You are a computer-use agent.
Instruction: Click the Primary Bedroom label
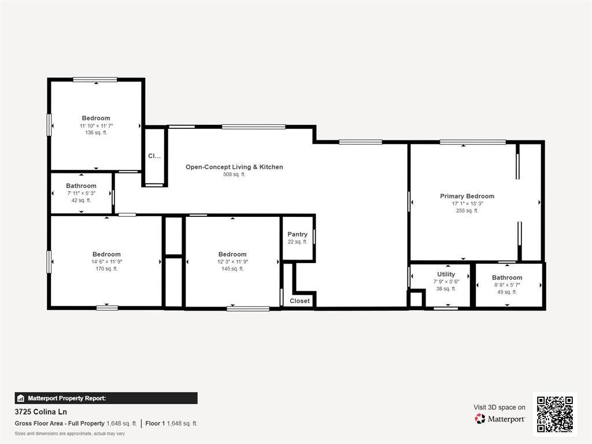[467, 196]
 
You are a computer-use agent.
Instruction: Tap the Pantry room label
[297, 234]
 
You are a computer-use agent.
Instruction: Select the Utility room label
[446, 274]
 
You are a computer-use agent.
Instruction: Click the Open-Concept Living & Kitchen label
[234, 167]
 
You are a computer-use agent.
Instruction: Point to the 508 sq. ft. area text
[234, 175]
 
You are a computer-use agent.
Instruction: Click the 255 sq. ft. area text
[467, 211]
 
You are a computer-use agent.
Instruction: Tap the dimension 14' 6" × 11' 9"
[106, 261]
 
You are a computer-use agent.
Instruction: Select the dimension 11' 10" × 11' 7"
[96, 125]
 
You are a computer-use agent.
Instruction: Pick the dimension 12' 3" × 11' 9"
[232, 261]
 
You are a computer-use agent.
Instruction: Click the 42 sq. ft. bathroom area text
[81, 201]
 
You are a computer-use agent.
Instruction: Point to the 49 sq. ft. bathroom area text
[507, 292]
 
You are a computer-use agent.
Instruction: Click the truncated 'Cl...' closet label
[154, 156]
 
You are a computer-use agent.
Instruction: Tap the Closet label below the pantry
[299, 301]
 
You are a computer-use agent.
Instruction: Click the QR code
[554, 414]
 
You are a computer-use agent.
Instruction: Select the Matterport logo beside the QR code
[500, 419]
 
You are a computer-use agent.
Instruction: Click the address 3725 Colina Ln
[41, 412]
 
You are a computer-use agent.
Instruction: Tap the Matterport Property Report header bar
[106, 398]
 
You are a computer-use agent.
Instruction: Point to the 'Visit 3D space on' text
[499, 407]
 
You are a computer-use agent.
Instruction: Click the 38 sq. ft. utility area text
[446, 288]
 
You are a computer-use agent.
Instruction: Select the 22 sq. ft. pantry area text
[297, 242]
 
